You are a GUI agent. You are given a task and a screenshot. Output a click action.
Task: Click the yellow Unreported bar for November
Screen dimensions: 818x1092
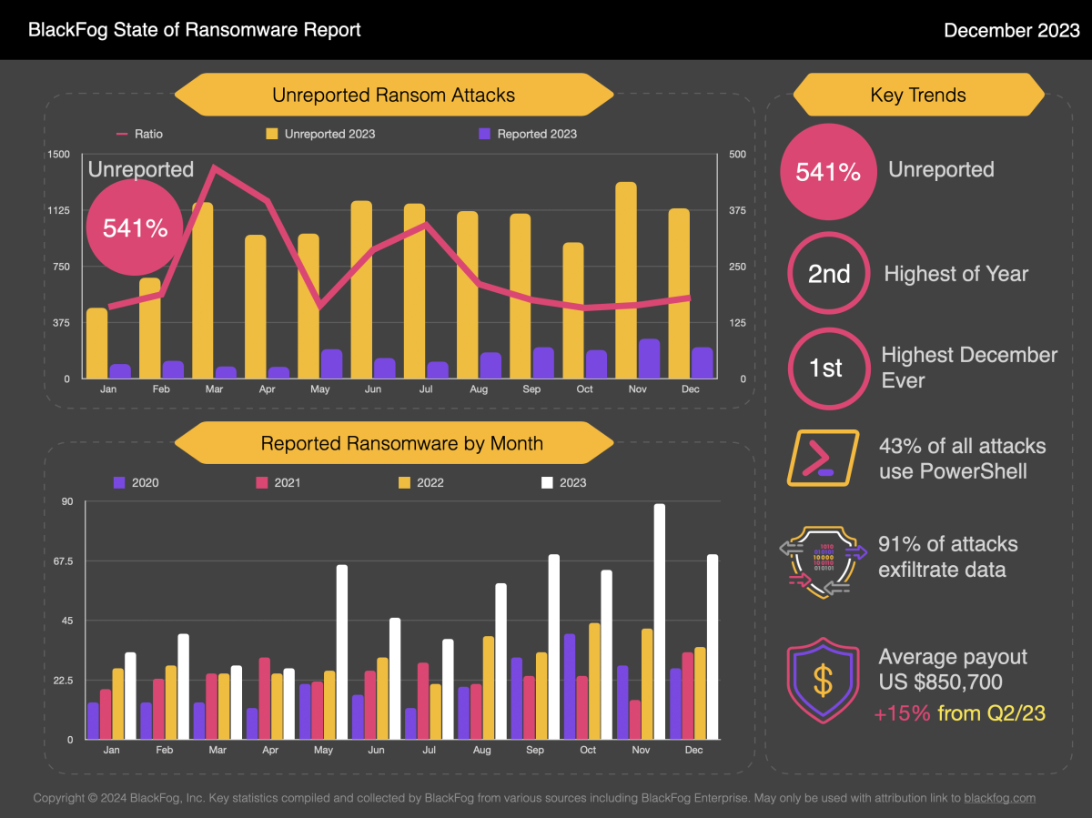pyautogui.click(x=625, y=280)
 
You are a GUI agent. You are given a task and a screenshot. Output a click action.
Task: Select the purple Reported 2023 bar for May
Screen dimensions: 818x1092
pyautogui.click(x=331, y=364)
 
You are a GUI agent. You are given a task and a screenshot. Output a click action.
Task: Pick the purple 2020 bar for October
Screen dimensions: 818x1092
pyautogui.click(x=570, y=687)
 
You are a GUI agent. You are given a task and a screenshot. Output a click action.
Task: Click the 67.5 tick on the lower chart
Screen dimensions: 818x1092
pyautogui.click(x=61, y=561)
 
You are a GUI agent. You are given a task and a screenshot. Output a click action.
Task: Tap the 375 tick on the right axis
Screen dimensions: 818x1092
pyautogui.click(x=737, y=210)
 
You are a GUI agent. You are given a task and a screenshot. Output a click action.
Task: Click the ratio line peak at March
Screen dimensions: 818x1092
pyautogui.click(x=214, y=167)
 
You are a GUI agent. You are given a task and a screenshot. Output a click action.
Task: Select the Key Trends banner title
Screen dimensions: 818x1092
pyautogui.click(x=918, y=95)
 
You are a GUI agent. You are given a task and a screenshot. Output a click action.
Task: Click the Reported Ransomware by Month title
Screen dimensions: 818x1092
pyautogui.click(x=401, y=444)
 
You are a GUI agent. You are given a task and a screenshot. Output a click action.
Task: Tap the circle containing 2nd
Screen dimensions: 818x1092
pyautogui.click(x=829, y=274)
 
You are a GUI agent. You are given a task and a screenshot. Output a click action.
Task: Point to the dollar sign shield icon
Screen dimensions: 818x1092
pyautogui.click(x=823, y=680)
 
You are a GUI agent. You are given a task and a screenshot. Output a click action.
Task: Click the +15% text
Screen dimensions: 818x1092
pyautogui.click(x=902, y=713)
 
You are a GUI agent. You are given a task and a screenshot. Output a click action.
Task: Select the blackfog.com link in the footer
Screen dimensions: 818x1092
pyautogui.click(x=999, y=798)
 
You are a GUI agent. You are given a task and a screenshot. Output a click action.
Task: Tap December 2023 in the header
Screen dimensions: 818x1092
pyautogui.click(x=1011, y=30)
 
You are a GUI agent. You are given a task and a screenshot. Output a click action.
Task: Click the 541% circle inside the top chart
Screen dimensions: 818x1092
pyautogui.click(x=135, y=227)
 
